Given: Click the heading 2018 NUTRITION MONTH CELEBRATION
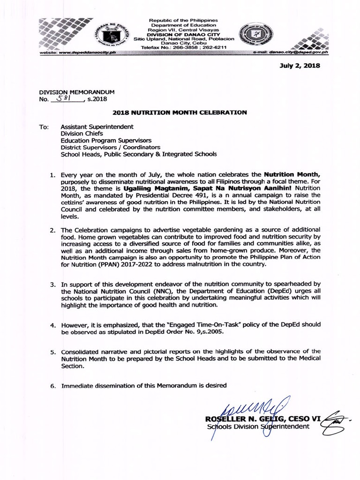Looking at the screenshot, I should pos(180,112).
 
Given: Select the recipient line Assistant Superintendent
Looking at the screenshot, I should pos(97,127).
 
